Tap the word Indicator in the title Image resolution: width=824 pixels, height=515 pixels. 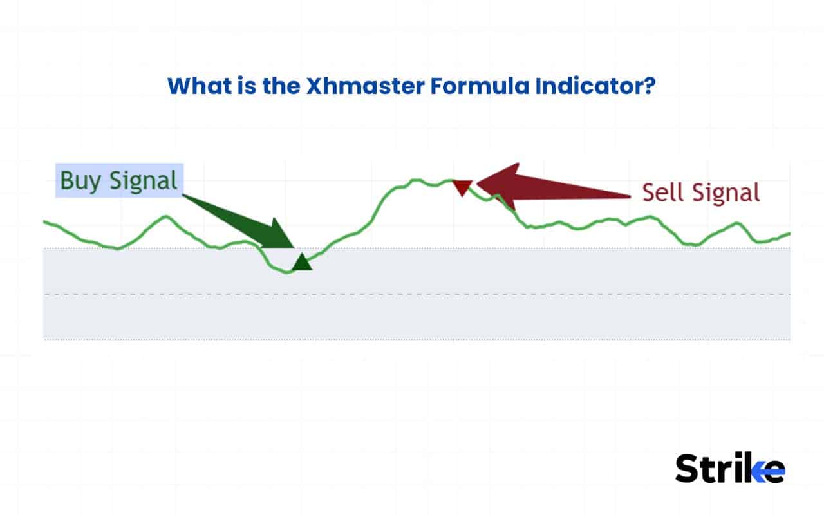[x=587, y=86]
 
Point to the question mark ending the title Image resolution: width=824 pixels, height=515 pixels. [x=649, y=86]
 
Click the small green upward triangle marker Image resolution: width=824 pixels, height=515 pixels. [x=301, y=263]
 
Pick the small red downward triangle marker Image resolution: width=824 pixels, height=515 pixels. [x=462, y=187]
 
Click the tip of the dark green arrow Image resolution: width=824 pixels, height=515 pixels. [x=293, y=247]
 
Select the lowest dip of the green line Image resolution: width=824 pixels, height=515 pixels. [x=287, y=272]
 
